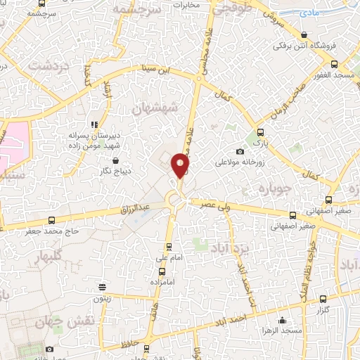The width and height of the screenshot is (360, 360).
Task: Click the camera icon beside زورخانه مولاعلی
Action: tap(240, 151)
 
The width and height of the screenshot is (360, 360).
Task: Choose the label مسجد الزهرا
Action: tap(282, 330)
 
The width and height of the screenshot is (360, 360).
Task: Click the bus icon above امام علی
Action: tap(168, 247)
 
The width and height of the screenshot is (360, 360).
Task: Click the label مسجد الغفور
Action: tap(336, 75)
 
